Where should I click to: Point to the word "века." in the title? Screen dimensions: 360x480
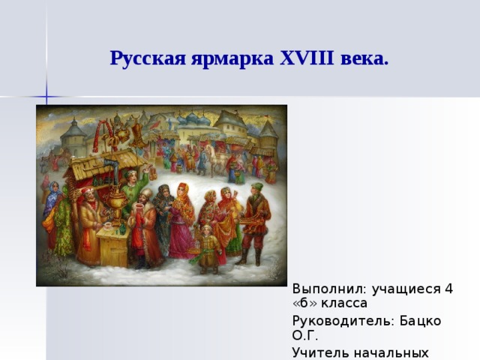click(364, 58)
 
